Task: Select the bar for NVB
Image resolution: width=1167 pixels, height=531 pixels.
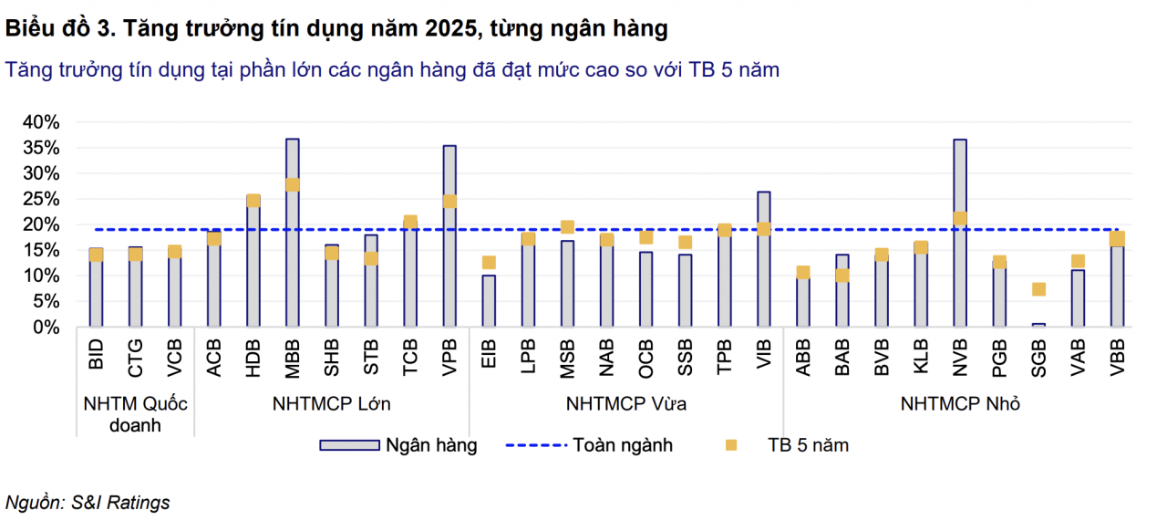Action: (x=960, y=274)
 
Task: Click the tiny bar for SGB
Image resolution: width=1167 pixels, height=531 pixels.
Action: (x=1038, y=324)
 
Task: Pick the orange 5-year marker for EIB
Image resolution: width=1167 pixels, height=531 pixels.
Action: (x=489, y=263)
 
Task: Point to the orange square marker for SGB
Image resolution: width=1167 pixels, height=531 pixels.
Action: (x=1038, y=289)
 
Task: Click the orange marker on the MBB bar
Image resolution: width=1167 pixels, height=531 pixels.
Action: (x=292, y=184)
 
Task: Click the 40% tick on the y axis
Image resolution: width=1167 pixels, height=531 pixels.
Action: (x=41, y=122)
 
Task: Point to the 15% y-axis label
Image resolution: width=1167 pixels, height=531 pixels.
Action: (x=41, y=250)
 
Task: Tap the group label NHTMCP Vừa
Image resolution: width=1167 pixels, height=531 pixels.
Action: (x=626, y=404)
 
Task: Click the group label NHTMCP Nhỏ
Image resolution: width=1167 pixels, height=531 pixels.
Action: (x=960, y=404)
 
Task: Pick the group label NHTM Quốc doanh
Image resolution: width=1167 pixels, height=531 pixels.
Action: (x=135, y=414)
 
